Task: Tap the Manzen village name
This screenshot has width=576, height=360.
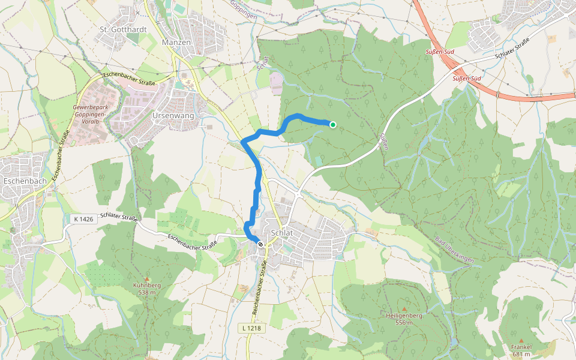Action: tap(176, 43)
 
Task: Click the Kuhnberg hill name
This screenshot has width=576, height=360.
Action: tap(142, 286)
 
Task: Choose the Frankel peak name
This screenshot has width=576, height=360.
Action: tap(521, 347)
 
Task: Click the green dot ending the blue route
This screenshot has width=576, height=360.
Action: tap(333, 124)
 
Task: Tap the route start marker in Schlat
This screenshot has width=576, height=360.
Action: tap(260, 244)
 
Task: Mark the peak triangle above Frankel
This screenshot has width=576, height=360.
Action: tap(521, 340)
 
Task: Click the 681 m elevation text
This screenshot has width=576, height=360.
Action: tap(521, 354)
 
